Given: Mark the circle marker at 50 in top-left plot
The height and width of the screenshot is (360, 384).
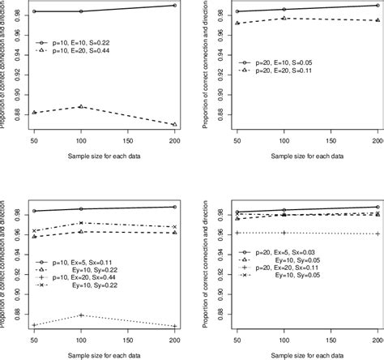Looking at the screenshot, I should click(34, 11).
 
